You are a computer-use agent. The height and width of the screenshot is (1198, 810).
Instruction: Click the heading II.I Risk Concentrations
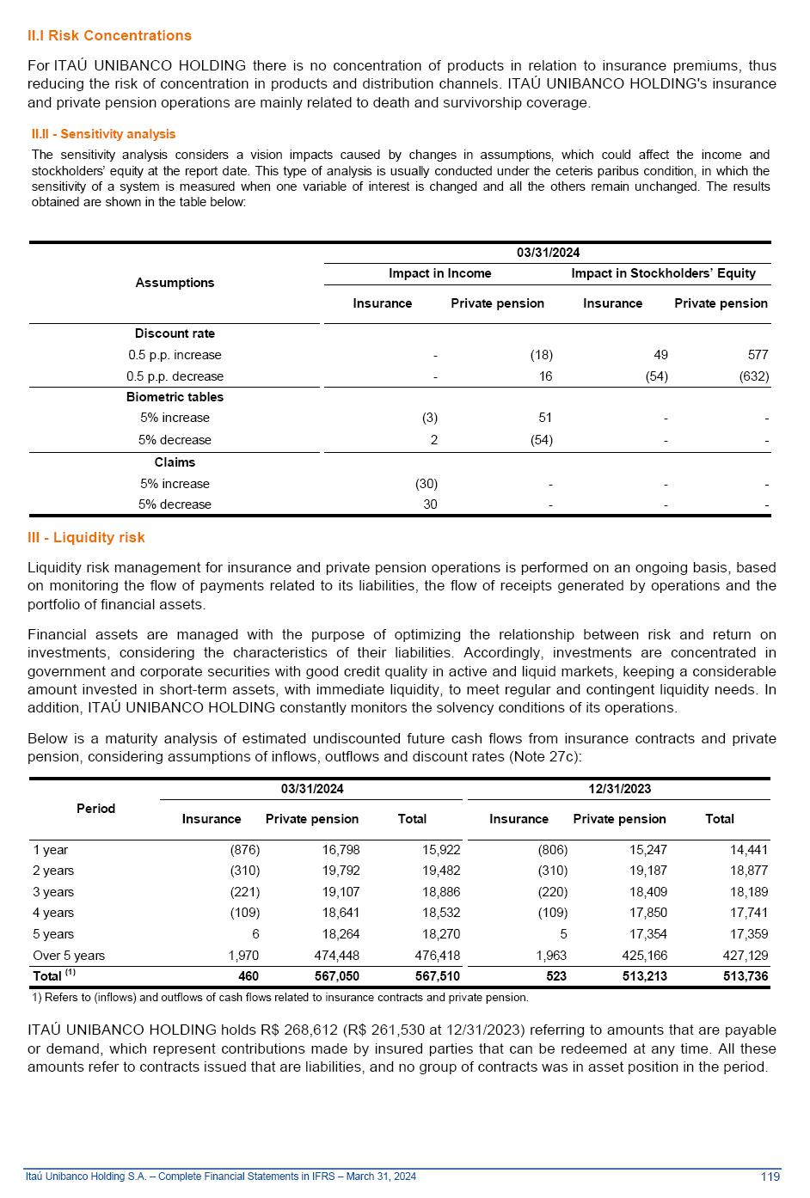tap(109, 35)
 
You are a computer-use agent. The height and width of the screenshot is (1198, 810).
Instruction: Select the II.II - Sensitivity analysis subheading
tap(103, 134)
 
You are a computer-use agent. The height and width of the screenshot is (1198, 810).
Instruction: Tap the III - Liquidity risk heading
tap(86, 537)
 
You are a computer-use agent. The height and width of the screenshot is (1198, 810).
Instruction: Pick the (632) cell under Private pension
tap(753, 376)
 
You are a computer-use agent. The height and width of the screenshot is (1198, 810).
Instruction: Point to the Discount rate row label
tap(175, 333)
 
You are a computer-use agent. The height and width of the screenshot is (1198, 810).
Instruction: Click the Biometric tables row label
tap(175, 397)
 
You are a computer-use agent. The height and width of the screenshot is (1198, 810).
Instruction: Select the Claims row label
tap(175, 462)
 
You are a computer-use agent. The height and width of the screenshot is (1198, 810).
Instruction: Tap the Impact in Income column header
tap(439, 273)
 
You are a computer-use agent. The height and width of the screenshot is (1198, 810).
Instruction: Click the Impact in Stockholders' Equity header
tap(663, 273)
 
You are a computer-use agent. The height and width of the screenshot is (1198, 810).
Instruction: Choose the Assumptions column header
tap(175, 283)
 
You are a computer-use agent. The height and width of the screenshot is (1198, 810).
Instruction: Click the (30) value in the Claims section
tap(426, 484)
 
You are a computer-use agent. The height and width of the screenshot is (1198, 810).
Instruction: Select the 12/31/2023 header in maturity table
tap(619, 789)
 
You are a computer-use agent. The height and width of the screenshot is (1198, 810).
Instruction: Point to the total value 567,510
tap(437, 976)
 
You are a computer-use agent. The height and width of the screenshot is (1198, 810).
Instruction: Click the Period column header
tap(95, 809)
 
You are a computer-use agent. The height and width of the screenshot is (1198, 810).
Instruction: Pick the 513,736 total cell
tap(746, 976)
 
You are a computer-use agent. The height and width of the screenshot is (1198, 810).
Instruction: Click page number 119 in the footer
tap(770, 1177)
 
